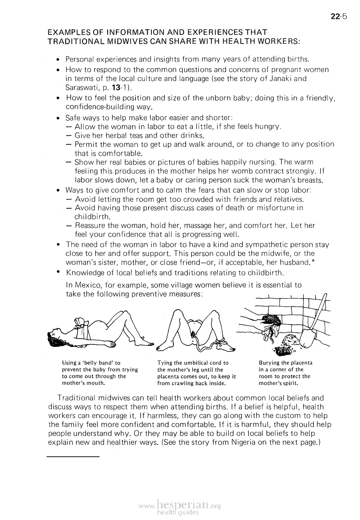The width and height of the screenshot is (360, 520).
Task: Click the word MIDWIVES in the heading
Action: tap(106, 42)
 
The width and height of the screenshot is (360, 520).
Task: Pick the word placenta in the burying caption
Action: tap(300, 363)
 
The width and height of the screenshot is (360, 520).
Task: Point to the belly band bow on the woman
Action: tap(81, 322)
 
